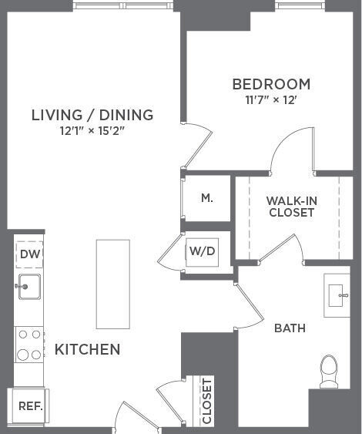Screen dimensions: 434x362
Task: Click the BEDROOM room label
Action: (x=271, y=84)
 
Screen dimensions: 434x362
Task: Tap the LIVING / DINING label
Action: (x=92, y=115)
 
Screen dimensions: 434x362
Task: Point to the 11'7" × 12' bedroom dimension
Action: (x=271, y=99)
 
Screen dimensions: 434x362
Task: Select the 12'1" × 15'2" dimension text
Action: (x=92, y=130)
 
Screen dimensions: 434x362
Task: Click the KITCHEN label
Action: (x=87, y=349)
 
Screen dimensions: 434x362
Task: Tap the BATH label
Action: (x=290, y=328)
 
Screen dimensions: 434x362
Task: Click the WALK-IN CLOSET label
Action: (x=291, y=206)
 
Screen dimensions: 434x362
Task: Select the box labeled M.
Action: (x=206, y=198)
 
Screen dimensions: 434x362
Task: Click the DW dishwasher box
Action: (x=29, y=254)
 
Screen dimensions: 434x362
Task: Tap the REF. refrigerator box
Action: (x=30, y=405)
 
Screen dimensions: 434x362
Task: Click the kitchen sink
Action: (x=28, y=286)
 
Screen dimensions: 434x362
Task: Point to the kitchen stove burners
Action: (x=28, y=345)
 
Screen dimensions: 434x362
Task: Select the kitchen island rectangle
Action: (x=112, y=284)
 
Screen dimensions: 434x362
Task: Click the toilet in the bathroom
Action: (x=329, y=372)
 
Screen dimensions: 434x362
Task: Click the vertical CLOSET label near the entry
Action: (x=206, y=401)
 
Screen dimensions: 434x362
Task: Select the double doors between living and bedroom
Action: (x=197, y=146)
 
